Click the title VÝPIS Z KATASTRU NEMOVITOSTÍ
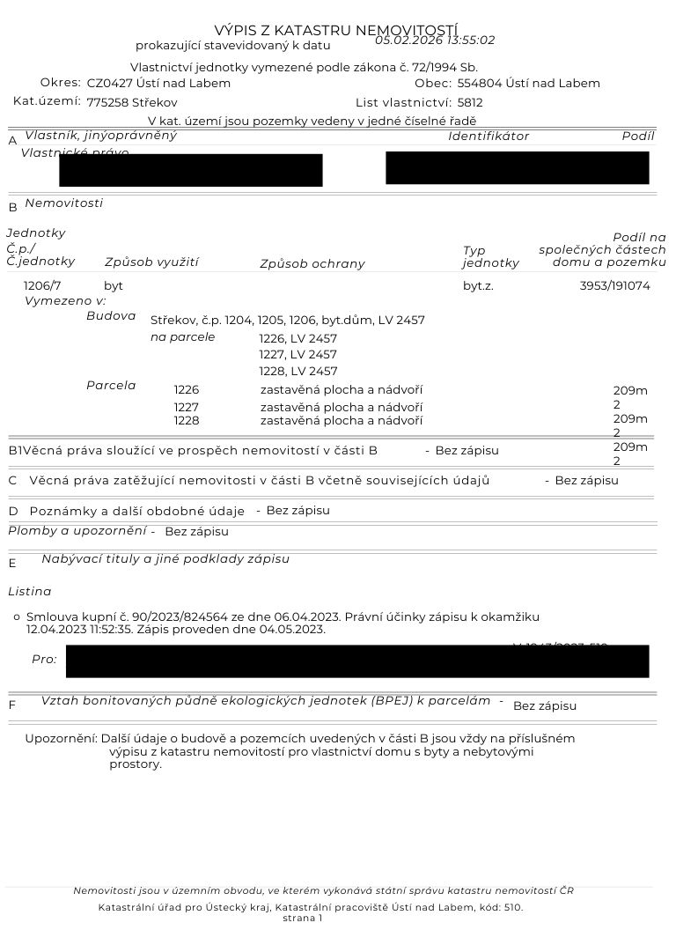(x=335, y=32)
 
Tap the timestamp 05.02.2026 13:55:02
(x=435, y=41)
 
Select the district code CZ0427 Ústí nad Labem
(x=158, y=84)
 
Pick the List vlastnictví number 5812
(x=470, y=102)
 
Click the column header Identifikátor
(x=489, y=137)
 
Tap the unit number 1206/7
(x=42, y=285)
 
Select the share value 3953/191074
(x=614, y=285)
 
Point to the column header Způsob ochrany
(x=312, y=263)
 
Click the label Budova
(x=111, y=315)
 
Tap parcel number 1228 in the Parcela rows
(x=187, y=421)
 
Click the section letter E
(x=12, y=564)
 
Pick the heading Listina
(x=30, y=592)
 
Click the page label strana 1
(x=303, y=918)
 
